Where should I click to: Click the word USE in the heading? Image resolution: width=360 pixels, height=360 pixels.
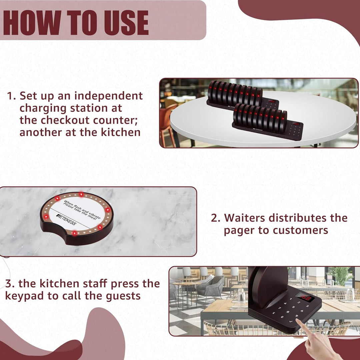point(126,23)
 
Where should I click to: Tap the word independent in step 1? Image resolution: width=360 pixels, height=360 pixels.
point(109,96)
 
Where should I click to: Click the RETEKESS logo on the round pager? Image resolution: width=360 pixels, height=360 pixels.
point(66,219)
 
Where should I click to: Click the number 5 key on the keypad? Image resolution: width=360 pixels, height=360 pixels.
point(293,307)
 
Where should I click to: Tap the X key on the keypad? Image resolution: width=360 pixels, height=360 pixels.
point(273,312)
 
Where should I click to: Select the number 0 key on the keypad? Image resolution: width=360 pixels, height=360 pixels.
point(282,317)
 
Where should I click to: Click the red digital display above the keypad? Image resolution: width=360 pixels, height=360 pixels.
point(305,297)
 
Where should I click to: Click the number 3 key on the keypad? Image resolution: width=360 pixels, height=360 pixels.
point(307,306)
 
